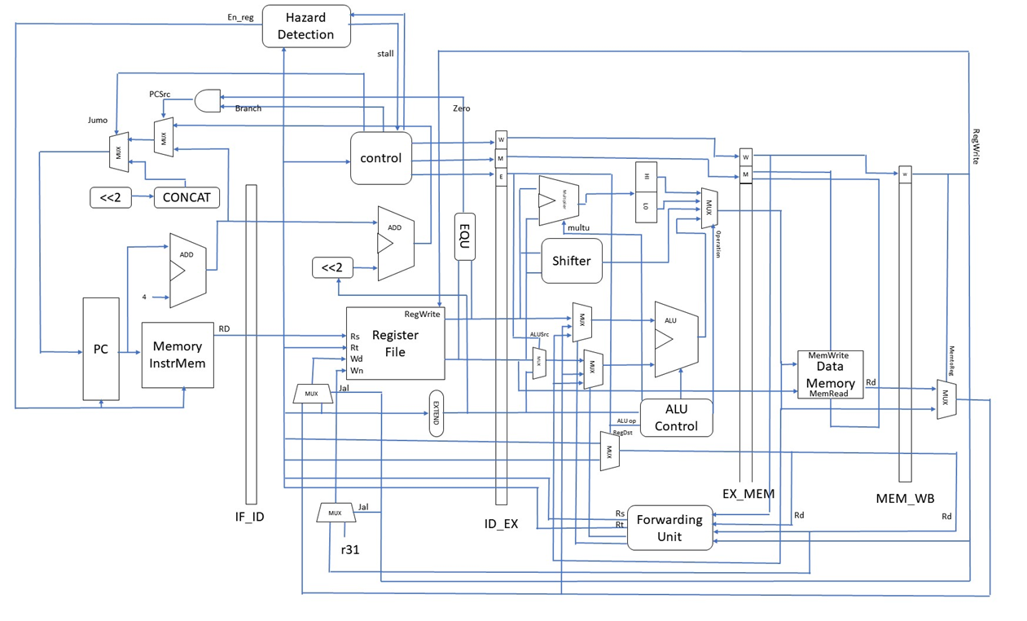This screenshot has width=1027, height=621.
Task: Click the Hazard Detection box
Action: coord(306,26)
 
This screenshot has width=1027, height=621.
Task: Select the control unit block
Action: coord(380,158)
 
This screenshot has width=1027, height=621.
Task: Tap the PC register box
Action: coord(101,349)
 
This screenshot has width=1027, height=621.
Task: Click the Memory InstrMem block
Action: coord(178,355)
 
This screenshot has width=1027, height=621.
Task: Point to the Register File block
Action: coord(395,343)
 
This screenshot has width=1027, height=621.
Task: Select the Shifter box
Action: coord(571,261)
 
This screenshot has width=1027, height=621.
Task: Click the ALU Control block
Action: coord(676,418)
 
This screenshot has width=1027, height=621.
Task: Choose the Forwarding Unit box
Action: coord(669,527)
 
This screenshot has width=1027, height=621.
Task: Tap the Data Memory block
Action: coord(830,375)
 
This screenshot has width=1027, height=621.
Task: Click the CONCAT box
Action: coord(187,197)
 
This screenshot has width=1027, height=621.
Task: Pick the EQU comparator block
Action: coord(464,236)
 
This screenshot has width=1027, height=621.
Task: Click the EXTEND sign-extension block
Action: coord(436,413)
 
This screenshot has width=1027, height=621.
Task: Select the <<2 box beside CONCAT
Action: coord(111,197)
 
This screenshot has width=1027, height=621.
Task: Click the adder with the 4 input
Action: coord(187,270)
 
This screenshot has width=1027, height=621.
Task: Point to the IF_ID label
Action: coord(249,517)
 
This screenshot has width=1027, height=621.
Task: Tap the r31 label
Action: coord(349,549)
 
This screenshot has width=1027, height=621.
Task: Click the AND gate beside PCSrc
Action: coord(208,100)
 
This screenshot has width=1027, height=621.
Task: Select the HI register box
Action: coord(646,177)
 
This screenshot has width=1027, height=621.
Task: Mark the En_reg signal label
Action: coord(240,16)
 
